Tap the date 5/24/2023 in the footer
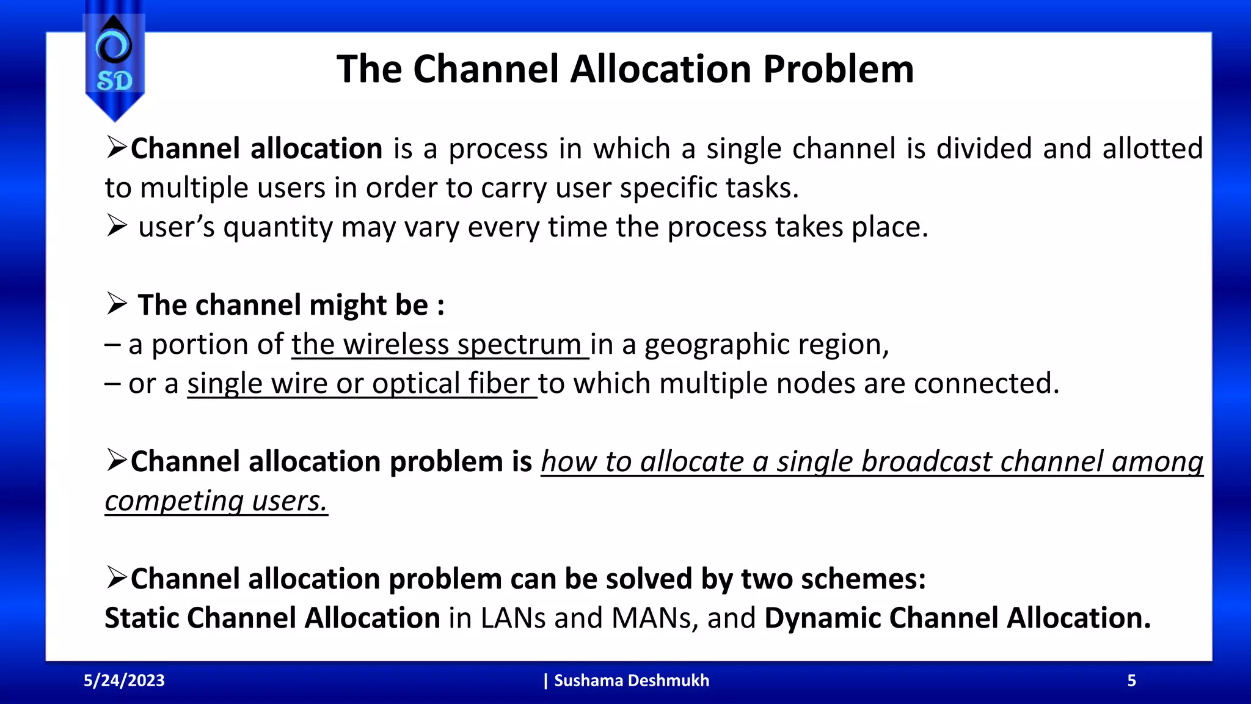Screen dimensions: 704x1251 coord(124,681)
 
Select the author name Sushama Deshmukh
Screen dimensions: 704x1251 coord(631,681)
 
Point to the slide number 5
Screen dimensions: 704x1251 coord(1131,681)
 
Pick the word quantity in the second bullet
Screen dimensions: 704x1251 coord(278,228)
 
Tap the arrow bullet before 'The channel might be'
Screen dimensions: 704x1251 coord(116,304)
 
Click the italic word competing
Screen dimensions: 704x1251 coord(174,502)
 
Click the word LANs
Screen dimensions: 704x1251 coord(513,618)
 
